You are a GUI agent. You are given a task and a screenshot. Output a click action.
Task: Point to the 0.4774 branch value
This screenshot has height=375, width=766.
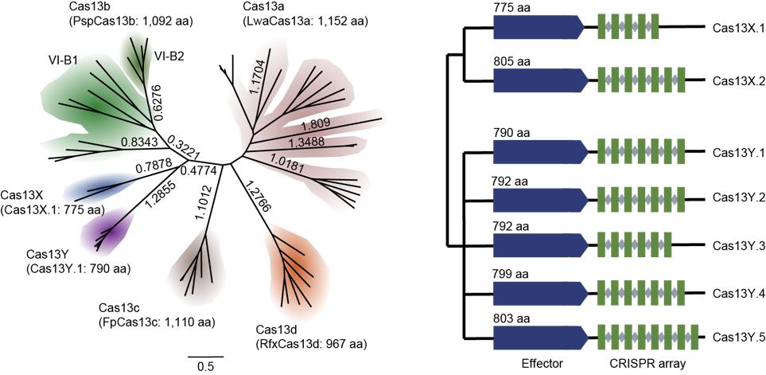199,169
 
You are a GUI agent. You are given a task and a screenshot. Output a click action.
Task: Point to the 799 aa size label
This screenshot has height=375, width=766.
511,275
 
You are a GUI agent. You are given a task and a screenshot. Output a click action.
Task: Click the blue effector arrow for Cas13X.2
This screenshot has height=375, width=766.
538,80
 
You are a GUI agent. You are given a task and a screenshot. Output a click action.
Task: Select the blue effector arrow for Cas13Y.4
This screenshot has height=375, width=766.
538,293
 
